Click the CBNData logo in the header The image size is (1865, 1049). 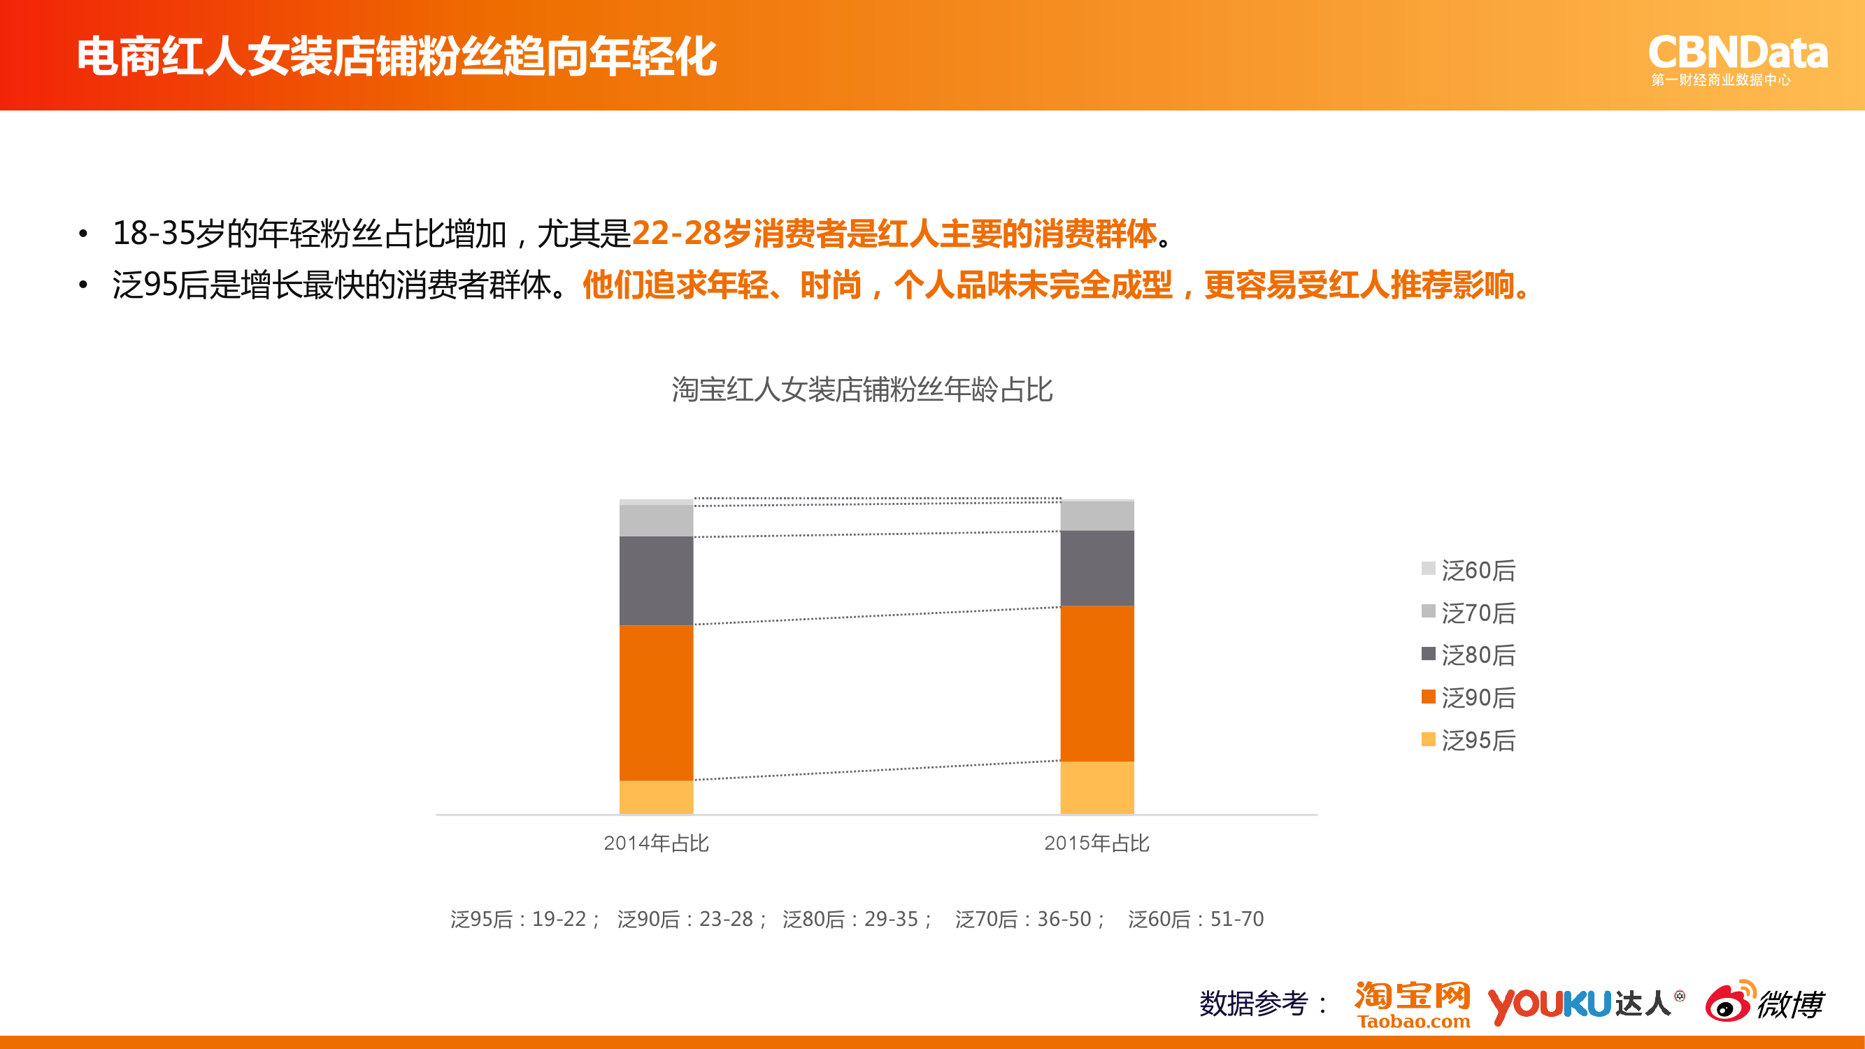pos(1738,60)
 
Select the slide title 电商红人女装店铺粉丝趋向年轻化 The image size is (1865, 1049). pos(396,57)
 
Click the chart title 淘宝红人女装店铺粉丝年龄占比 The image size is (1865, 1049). pos(862,390)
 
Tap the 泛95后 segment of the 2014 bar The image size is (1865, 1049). pos(656,797)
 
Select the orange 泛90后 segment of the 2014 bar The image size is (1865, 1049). pos(656,702)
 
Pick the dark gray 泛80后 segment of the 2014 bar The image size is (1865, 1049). pos(656,580)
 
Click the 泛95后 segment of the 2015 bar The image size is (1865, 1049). pos(1097,787)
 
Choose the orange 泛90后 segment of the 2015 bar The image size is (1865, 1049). pos(1097,683)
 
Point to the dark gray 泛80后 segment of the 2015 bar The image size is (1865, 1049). pos(1097,569)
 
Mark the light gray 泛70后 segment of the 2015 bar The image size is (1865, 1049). pos(1097,516)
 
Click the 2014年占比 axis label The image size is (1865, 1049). pos(656,843)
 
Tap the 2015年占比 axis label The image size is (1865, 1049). pos(1097,843)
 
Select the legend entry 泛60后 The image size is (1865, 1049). pos(1469,571)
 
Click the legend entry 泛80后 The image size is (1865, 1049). pos(1469,655)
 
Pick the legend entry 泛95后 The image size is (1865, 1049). pos(1469,741)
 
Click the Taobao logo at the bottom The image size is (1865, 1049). pos(1413,1005)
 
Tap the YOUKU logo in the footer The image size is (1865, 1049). pos(1550,1006)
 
